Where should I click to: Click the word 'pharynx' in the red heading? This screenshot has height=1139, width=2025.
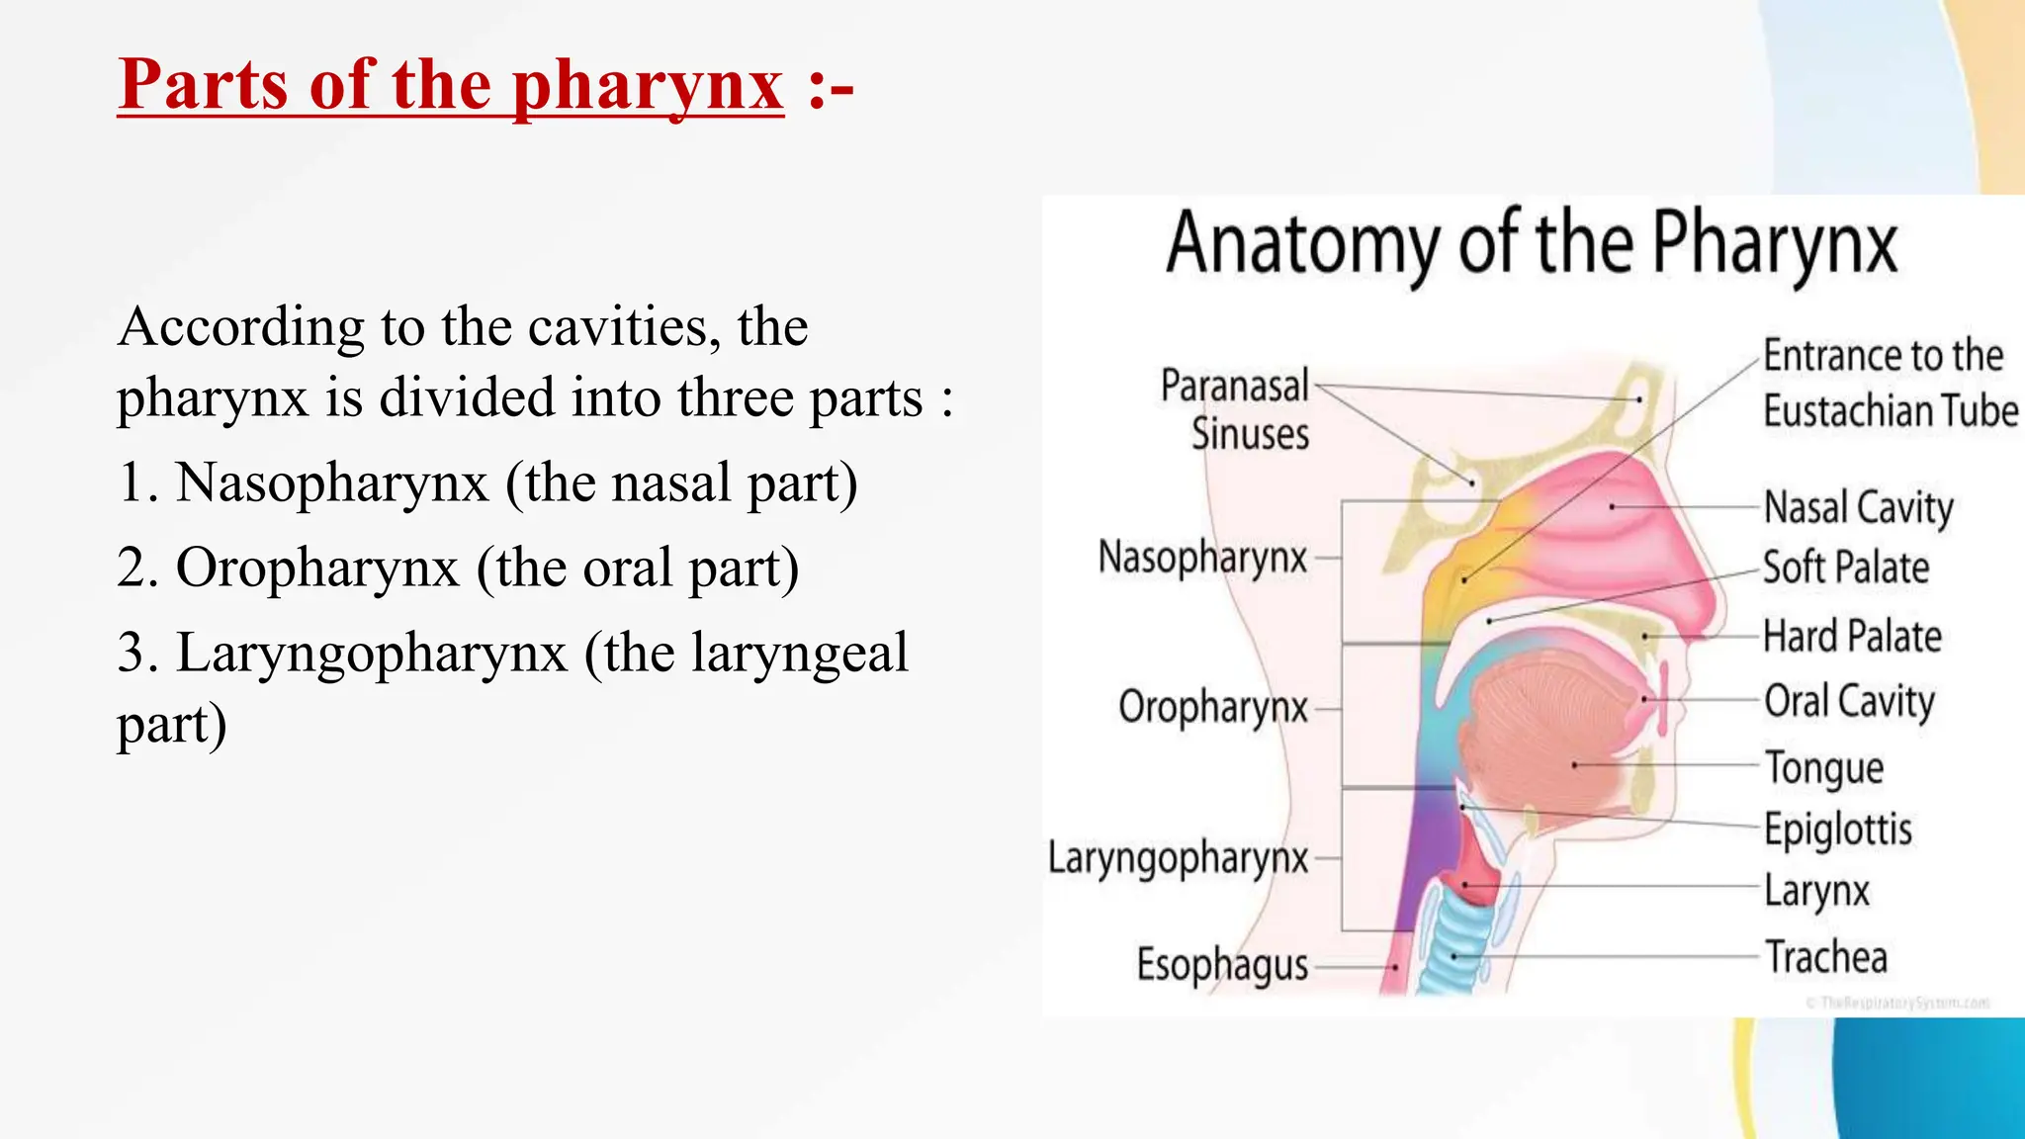[648, 86]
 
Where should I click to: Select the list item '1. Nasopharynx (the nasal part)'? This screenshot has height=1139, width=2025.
[486, 483]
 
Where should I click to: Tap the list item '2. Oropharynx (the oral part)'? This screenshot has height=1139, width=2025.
[457, 569]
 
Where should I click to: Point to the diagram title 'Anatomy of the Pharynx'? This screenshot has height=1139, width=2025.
[1531, 244]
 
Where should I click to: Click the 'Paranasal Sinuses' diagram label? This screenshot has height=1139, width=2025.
[1236, 409]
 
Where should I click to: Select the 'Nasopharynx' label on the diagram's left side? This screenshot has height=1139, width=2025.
[1202, 558]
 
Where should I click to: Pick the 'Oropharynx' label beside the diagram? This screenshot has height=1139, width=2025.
[1213, 708]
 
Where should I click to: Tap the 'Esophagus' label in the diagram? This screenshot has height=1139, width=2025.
[1222, 964]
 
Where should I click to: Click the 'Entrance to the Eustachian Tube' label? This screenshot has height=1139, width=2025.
[1889, 384]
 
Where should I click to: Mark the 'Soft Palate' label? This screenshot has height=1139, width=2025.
[1846, 569]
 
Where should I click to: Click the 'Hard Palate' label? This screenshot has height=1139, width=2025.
[1852, 637]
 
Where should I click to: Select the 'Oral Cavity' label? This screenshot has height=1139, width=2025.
[1849, 701]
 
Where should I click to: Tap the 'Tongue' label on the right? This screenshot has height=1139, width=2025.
[1824, 767]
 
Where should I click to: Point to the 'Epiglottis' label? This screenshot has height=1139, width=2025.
[1838, 830]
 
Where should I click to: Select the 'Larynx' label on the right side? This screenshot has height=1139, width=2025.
[1817, 891]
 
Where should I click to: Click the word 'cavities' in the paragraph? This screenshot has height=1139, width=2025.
[612, 327]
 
